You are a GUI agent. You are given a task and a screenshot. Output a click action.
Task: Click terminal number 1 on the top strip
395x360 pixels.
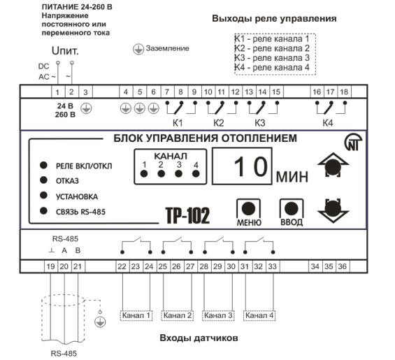tap(58, 92)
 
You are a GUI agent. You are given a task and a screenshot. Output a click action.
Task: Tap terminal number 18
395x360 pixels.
tap(344, 92)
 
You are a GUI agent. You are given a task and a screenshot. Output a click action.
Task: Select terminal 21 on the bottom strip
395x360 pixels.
tap(78, 266)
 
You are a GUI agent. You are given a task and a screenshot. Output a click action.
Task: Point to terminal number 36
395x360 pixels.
tap(343, 266)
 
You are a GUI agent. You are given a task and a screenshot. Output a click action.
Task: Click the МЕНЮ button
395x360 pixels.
tap(248, 209)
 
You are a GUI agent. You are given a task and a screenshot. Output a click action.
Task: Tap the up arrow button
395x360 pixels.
tap(333, 166)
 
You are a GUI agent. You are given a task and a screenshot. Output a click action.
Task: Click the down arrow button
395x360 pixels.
tap(333, 210)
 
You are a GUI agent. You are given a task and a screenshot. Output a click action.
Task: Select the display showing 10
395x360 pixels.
tap(242, 166)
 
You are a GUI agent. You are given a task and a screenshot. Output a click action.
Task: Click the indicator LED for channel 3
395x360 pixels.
tap(178, 173)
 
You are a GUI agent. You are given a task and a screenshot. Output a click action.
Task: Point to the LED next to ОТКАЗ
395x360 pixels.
tap(44, 180)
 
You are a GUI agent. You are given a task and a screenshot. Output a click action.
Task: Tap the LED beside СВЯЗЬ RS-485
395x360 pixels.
tap(44, 210)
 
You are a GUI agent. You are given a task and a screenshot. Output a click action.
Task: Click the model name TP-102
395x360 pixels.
tap(187, 215)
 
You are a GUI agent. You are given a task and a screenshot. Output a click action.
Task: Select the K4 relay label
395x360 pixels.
tap(328, 123)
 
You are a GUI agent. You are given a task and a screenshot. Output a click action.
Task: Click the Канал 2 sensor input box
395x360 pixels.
tap(178, 315)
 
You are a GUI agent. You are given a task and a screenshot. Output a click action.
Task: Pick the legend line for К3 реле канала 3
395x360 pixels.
tap(273, 58)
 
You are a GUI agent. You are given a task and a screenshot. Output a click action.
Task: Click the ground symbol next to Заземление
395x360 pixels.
tap(138, 49)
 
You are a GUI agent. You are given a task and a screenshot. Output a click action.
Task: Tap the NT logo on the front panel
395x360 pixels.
tap(353, 142)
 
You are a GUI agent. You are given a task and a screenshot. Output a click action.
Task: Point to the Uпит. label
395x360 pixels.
tap(65, 51)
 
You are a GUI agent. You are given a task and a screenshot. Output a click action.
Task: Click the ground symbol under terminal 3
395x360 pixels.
tap(86, 108)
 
